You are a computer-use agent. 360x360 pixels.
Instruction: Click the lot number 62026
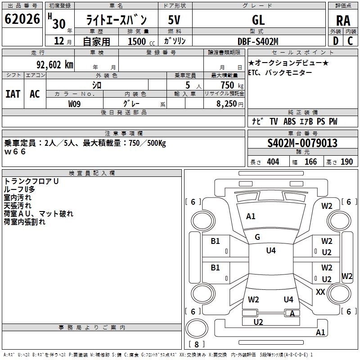pyautogui.click(x=22, y=19)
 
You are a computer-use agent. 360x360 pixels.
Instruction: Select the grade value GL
pyautogui.click(x=258, y=20)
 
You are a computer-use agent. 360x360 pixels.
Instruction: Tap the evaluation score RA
pyautogui.click(x=343, y=21)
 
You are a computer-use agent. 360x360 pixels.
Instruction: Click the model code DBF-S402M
pyautogui.click(x=258, y=41)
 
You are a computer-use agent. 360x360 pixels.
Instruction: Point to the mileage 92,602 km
pyautogui.click(x=55, y=65)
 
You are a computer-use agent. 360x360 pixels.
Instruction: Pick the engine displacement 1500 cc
pyautogui.click(x=141, y=41)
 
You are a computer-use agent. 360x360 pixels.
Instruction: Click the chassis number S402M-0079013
pyautogui.click(x=302, y=143)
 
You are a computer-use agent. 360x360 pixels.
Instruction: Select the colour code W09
pyautogui.click(x=74, y=104)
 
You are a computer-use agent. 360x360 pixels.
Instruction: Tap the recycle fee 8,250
pyautogui.click(x=227, y=104)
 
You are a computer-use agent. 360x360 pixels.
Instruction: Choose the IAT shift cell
pyautogui.click(x=13, y=94)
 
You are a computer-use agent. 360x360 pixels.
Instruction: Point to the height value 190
pyautogui.click(x=346, y=162)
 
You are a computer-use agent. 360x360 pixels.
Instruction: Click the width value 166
pyautogui.click(x=310, y=162)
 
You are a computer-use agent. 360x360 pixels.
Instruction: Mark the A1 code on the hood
pyautogui.click(x=251, y=216)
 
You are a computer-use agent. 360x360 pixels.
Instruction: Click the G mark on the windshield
pyautogui.click(x=257, y=237)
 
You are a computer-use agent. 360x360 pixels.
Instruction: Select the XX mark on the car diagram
pyautogui.click(x=320, y=292)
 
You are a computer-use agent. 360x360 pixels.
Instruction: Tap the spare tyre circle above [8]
pyautogui.click(x=197, y=328)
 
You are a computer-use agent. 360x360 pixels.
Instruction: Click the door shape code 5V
pyautogui.click(x=174, y=20)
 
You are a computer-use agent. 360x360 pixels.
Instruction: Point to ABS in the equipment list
pyautogui.click(x=289, y=121)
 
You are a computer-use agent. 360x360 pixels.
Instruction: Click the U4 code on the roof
pyautogui.click(x=271, y=251)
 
